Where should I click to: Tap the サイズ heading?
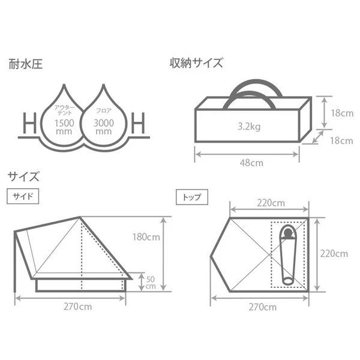click(x=23, y=176)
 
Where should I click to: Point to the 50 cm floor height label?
click(x=151, y=282)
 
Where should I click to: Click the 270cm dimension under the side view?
click(x=77, y=307)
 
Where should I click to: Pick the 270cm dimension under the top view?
click(x=262, y=307)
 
